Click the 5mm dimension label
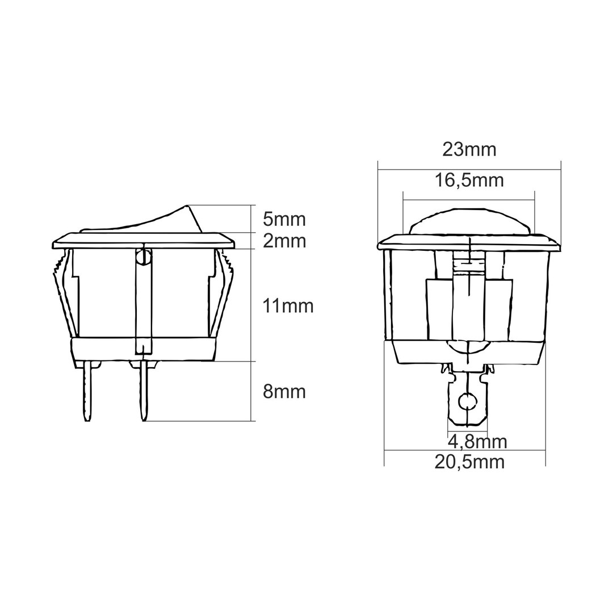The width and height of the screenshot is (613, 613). pos(284,219)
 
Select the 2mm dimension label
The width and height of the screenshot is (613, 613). pos(284,241)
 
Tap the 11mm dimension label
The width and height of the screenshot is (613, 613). pos(288,306)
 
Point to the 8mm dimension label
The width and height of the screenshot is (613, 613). pos(284,391)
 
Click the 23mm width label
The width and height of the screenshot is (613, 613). pos(469,149)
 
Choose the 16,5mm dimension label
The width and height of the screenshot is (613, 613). pos(469,180)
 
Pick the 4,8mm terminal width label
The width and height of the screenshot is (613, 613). pos(477,442)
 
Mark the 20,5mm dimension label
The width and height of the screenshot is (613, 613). pos(469,462)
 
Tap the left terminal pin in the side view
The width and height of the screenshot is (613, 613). pos(87,391)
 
